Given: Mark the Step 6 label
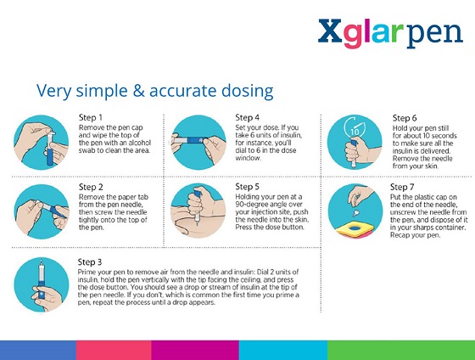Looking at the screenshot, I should coord(406,117).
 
